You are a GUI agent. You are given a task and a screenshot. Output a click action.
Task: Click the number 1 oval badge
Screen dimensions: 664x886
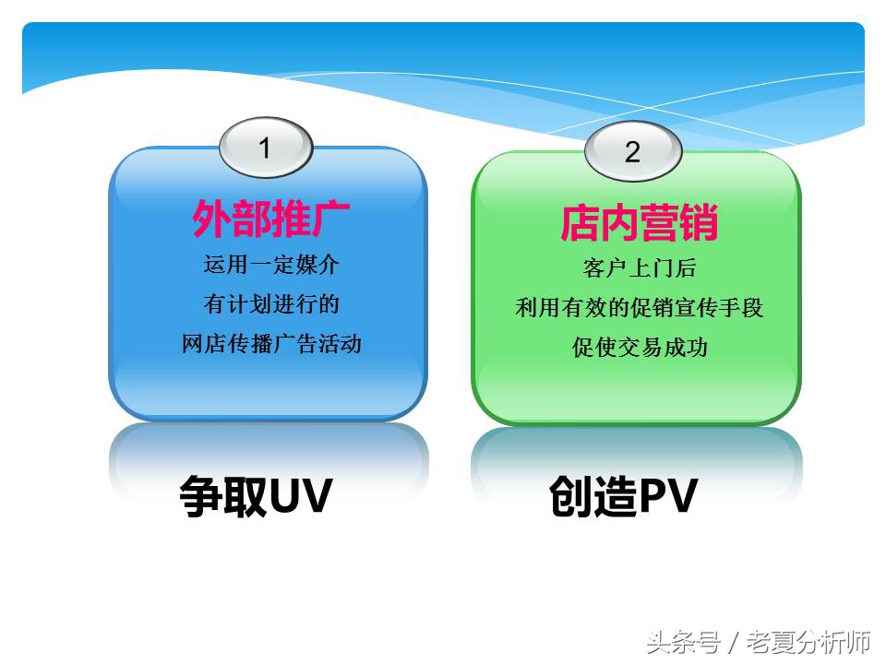point(266,148)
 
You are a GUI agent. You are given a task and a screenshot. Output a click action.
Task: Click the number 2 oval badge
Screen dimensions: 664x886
point(633,151)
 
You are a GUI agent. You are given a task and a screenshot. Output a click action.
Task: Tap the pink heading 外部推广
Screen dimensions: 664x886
point(269,220)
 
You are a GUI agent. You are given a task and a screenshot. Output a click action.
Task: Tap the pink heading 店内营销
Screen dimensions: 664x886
point(639,223)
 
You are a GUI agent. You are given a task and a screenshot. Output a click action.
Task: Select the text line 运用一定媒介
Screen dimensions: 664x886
point(271,266)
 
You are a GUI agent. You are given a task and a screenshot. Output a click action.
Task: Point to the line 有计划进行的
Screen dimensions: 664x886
point(271,304)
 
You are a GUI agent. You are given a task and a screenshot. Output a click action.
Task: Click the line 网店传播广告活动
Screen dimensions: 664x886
point(271,344)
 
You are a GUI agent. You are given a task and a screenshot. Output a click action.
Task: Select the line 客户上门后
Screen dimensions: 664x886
point(639,268)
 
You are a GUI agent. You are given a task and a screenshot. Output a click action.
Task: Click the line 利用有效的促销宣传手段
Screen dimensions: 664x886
point(639,308)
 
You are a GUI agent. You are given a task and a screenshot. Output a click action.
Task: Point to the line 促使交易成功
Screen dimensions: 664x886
point(639,348)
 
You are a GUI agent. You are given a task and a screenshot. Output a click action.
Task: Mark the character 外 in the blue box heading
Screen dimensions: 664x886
point(210,220)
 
